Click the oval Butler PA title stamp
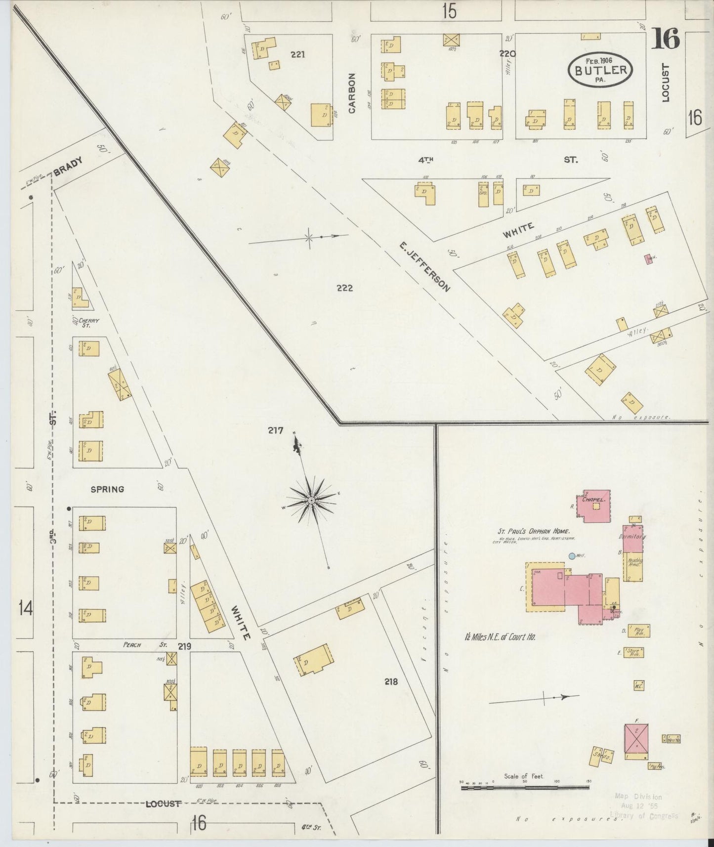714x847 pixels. point(601,70)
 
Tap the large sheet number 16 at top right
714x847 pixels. point(665,40)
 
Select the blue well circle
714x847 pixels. point(572,556)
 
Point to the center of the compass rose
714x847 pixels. point(312,501)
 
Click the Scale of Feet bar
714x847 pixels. point(525,787)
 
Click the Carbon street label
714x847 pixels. point(352,93)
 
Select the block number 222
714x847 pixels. point(344,288)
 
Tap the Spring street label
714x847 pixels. point(107,489)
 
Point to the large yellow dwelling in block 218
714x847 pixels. point(313,659)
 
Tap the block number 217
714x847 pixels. point(276,430)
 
